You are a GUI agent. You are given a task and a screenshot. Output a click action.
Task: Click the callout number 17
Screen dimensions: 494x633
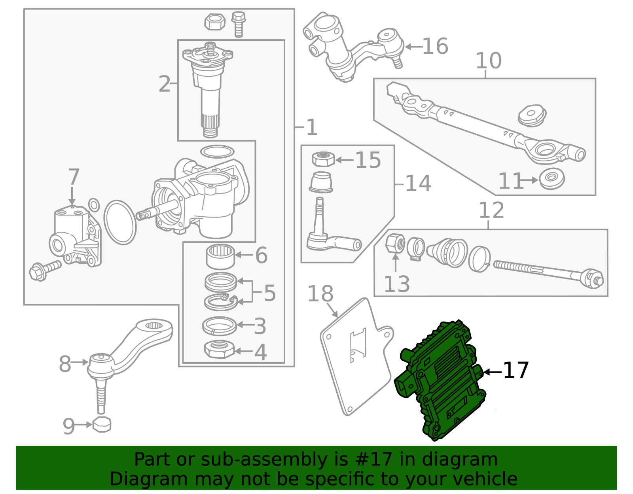pos(516,371)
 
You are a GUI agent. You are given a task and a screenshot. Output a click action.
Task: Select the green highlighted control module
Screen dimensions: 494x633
pos(441,380)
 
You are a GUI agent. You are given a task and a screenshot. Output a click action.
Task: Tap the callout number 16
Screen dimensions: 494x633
pos(435,47)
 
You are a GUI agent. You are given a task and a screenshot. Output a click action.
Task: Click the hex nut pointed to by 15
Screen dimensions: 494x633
pos(323,159)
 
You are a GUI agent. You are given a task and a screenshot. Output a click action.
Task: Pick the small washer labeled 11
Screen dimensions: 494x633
pos(552,179)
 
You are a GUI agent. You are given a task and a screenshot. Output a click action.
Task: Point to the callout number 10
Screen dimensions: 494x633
pos(488,61)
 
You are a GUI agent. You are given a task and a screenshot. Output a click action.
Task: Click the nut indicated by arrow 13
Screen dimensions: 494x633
pos(395,243)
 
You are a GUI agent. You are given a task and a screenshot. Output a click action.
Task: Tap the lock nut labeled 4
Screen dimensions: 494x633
pos(219,349)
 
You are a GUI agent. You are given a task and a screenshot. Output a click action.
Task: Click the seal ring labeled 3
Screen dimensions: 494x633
pos(219,326)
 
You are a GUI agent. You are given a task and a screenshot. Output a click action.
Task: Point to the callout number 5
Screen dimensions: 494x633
pos(269,293)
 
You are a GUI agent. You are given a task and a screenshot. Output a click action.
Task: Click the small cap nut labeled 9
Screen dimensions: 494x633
pos(102,425)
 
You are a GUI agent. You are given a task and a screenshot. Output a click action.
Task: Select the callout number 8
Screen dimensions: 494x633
pos(65,364)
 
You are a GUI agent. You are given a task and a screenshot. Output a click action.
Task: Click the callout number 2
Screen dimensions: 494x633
pos(165,84)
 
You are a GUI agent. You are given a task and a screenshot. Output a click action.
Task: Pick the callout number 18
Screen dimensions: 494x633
pos(320,294)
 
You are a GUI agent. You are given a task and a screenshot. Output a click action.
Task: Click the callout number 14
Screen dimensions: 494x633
pos(418,184)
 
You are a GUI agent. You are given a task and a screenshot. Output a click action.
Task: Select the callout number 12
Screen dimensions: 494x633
pos(491,210)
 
